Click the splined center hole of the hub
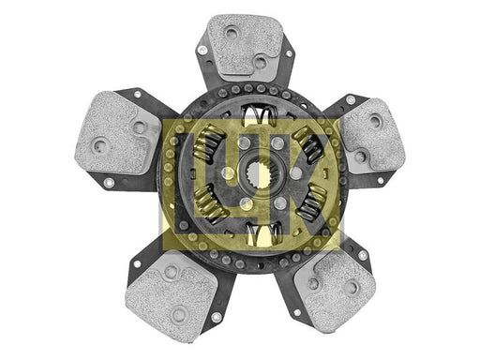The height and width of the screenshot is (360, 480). (x=259, y=175)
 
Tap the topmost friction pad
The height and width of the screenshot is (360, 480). (x=245, y=45)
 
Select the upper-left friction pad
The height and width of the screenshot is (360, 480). (x=116, y=132)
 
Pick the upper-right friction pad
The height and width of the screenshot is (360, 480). (x=374, y=137)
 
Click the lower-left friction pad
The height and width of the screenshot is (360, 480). (x=171, y=296)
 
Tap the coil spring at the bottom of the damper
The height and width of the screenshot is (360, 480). (x=263, y=233)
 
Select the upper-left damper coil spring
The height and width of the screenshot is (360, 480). (x=209, y=142)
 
